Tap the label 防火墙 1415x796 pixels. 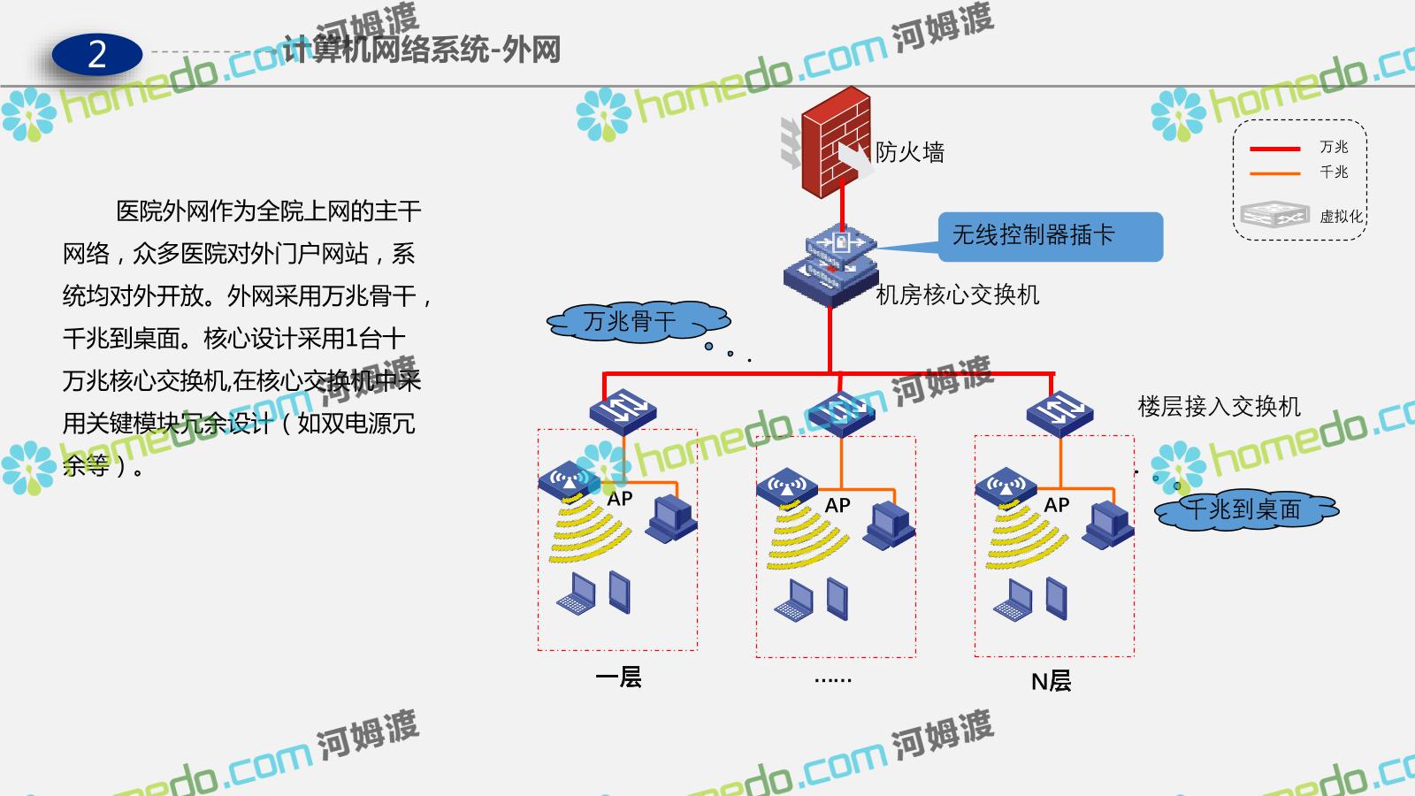(910, 152)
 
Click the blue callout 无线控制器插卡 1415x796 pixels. (1050, 236)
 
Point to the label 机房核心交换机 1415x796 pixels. (957, 295)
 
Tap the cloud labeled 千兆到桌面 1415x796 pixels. (1245, 509)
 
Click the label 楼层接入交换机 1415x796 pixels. (1219, 407)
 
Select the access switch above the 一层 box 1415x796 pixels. (623, 409)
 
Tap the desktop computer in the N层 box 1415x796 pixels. (1109, 525)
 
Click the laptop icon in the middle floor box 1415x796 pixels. (794, 601)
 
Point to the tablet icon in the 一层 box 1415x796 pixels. (620, 593)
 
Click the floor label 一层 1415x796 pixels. (618, 677)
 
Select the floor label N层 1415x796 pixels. (1051, 681)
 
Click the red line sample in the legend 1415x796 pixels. (1274, 149)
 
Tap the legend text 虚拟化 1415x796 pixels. (1341, 217)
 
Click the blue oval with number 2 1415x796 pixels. (97, 55)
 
